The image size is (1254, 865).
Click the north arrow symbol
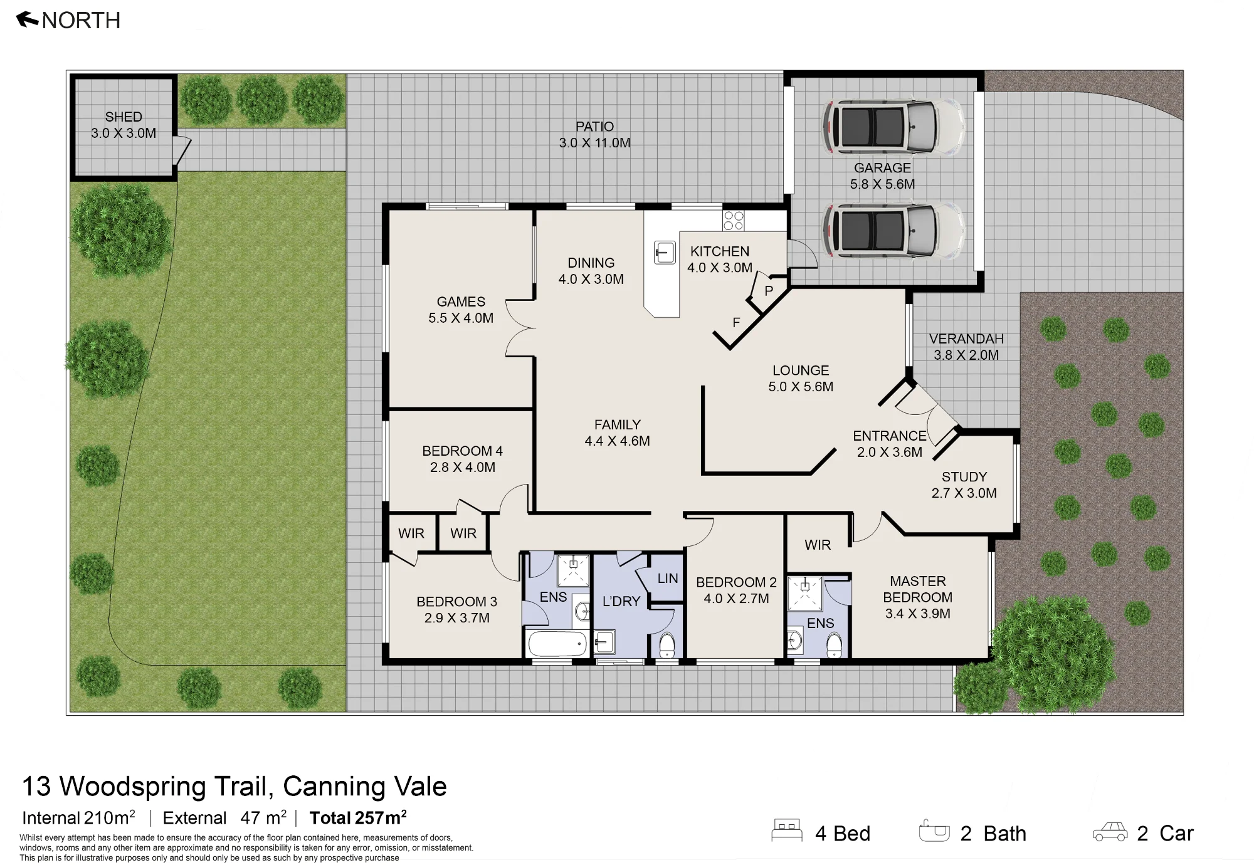pyautogui.click(x=28, y=20)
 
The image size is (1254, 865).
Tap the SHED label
pyautogui.click(x=124, y=117)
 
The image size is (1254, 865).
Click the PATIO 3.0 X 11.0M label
pyautogui.click(x=595, y=135)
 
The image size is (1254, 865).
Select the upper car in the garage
pyautogui.click(x=894, y=127)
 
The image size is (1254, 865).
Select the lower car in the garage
pyautogui.click(x=894, y=229)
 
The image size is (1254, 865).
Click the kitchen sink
pyautogui.click(x=665, y=253)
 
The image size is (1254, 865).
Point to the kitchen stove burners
pyautogui.click(x=734, y=221)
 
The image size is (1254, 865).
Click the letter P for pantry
pyautogui.click(x=769, y=290)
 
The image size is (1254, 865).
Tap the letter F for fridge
pyautogui.click(x=736, y=323)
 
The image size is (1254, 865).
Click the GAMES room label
pyautogui.click(x=461, y=301)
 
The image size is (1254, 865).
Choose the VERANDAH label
pyautogui.click(x=966, y=338)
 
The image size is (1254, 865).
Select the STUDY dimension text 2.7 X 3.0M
pyautogui.click(x=964, y=493)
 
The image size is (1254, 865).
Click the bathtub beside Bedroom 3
pyautogui.click(x=557, y=644)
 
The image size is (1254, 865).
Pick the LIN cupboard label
pyautogui.click(x=668, y=579)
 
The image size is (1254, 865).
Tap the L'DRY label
pyautogui.click(x=621, y=601)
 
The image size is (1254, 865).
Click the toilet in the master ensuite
pyautogui.click(x=834, y=645)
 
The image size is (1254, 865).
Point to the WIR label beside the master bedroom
pyautogui.click(x=818, y=545)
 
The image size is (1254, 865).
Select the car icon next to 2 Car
pyautogui.click(x=1110, y=832)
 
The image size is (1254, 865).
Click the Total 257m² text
pyautogui.click(x=358, y=817)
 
